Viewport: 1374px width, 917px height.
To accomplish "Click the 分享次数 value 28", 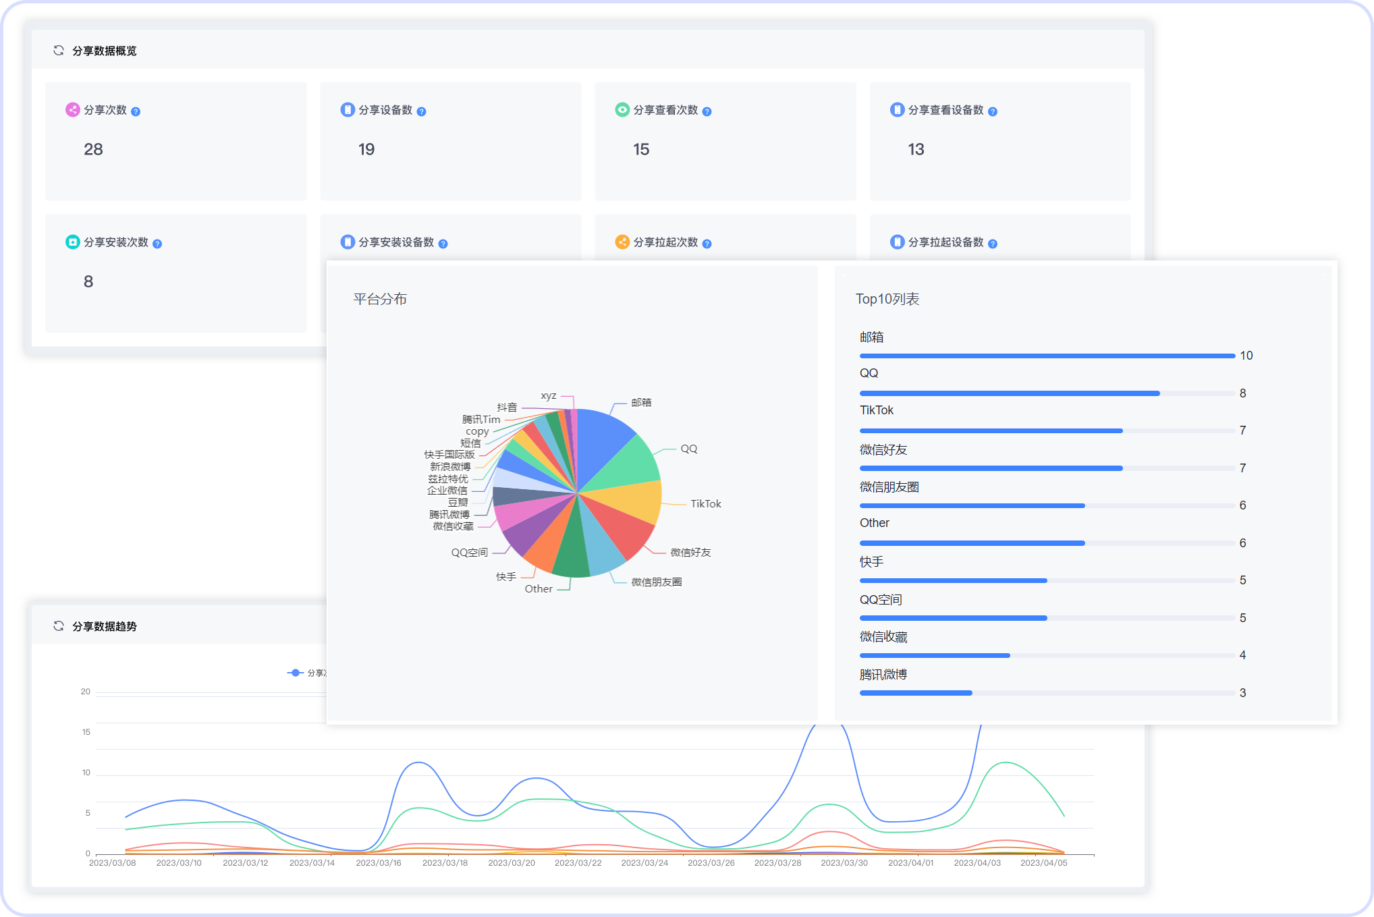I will pos(93,149).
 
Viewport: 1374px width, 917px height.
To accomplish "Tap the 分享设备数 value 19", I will pos(366,149).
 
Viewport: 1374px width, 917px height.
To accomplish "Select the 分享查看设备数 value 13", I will pos(916,149).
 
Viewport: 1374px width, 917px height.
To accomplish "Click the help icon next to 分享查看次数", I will pos(707,111).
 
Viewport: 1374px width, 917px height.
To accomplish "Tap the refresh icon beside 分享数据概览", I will pos(59,51).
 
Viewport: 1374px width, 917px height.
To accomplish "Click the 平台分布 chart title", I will pos(380,299).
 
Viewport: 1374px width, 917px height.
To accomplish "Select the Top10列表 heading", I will pos(887,299).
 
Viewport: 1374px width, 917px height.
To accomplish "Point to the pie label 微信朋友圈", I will pos(656,582).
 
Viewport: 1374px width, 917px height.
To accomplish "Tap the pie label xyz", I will pos(549,396).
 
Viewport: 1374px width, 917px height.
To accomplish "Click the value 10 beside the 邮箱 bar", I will pos(1246,356).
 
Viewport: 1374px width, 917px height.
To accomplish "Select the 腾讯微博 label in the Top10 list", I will pos(883,674).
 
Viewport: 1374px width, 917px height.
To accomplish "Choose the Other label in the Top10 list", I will pos(874,523).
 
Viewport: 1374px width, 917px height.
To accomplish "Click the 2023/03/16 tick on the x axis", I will pos(379,863).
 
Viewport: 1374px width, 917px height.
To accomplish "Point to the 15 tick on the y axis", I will pos(86,732).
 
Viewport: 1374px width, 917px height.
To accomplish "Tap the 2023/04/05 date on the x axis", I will pos(1043,863).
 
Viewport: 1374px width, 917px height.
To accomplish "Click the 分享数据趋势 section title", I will pos(105,626).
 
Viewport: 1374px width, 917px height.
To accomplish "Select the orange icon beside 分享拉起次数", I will pos(622,242).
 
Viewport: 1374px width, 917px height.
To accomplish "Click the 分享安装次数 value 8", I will pos(88,281).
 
